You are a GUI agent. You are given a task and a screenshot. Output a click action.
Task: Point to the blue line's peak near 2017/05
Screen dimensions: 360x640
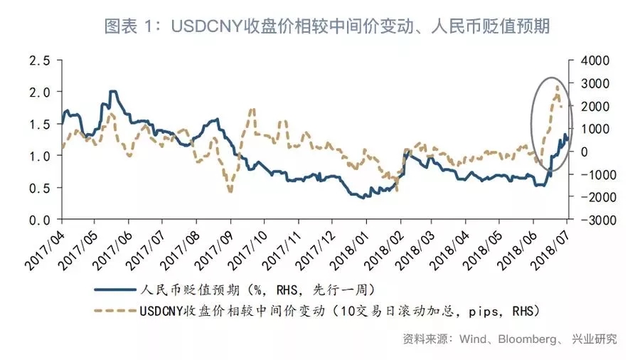tap(112, 92)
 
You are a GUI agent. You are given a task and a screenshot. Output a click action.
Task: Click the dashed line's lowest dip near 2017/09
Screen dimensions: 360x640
tap(230, 191)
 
